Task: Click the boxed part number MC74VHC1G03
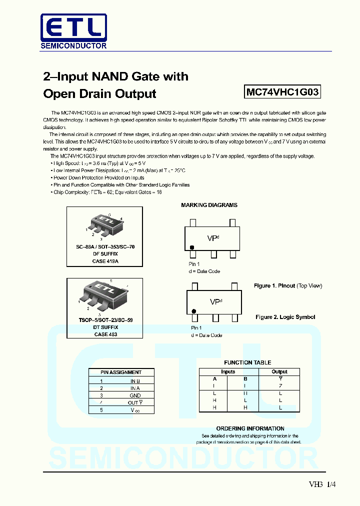tap(282, 92)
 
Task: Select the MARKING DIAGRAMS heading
tap(209, 205)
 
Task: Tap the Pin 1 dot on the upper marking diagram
tap(192, 247)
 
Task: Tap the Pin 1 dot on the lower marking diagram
tap(194, 311)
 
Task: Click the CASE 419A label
tap(105, 261)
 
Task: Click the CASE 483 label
tap(105, 334)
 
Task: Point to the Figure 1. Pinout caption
tap(288, 285)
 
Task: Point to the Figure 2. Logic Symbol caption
tap(285, 317)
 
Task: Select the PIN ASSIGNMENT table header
tap(121, 372)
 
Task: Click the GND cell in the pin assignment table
tap(135, 395)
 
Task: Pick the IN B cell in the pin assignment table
tap(135, 381)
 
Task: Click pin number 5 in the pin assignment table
tap(101, 409)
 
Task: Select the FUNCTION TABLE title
tap(247, 362)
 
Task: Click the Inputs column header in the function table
tap(228, 371)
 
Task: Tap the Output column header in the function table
tap(279, 371)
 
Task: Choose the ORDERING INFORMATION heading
tap(250, 428)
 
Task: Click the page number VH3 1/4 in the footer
tap(322, 484)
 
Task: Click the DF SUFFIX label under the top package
tap(105, 254)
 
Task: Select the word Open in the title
tap(59, 93)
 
